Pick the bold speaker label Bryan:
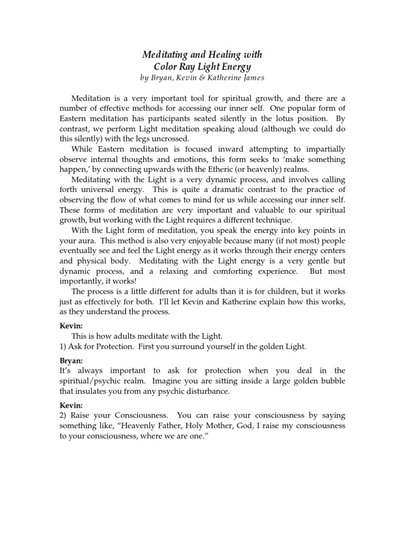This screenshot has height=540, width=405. tap(70, 360)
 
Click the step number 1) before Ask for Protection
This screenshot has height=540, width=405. tap(63, 346)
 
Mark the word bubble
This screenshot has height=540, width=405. tap(331, 381)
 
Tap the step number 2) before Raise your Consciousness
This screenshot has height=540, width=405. tap(63, 415)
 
